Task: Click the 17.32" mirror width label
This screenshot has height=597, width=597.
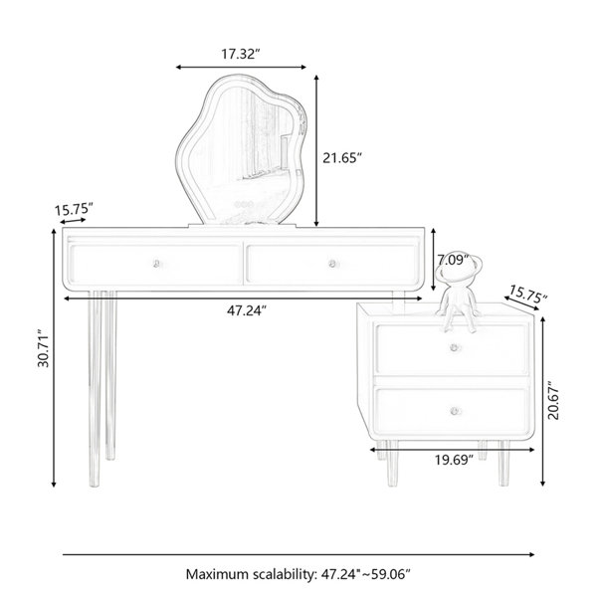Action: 240,54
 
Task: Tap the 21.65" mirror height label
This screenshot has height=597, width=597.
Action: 341,157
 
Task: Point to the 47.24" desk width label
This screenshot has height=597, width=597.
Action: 246,311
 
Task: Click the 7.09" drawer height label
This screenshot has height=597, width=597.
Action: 453,260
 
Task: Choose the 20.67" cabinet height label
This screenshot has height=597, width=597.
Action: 553,401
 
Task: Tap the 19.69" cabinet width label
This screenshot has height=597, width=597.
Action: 454,460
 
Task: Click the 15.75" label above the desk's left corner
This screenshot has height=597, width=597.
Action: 74,209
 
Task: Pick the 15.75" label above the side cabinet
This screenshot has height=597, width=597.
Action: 528,294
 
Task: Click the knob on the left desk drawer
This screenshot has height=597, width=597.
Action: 156,264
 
